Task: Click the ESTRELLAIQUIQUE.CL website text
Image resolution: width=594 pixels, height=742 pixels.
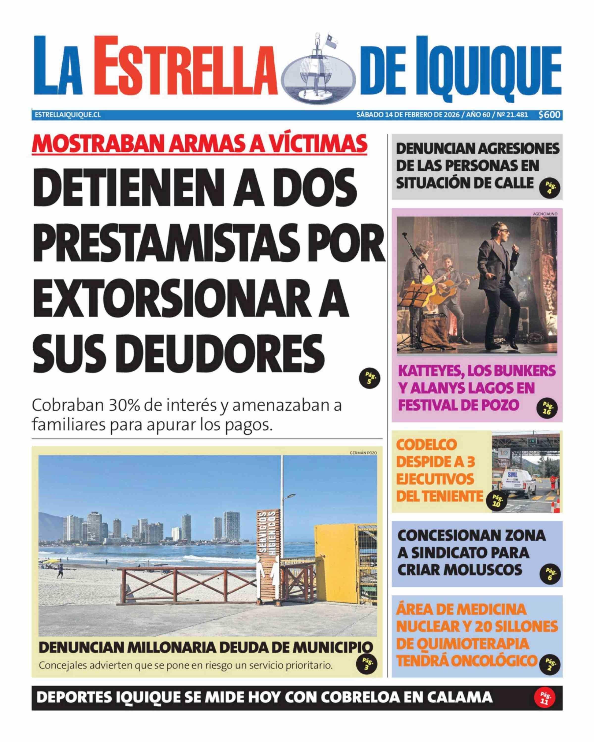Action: pos(68,115)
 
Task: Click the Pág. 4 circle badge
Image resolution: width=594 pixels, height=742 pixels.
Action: pos(550,188)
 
